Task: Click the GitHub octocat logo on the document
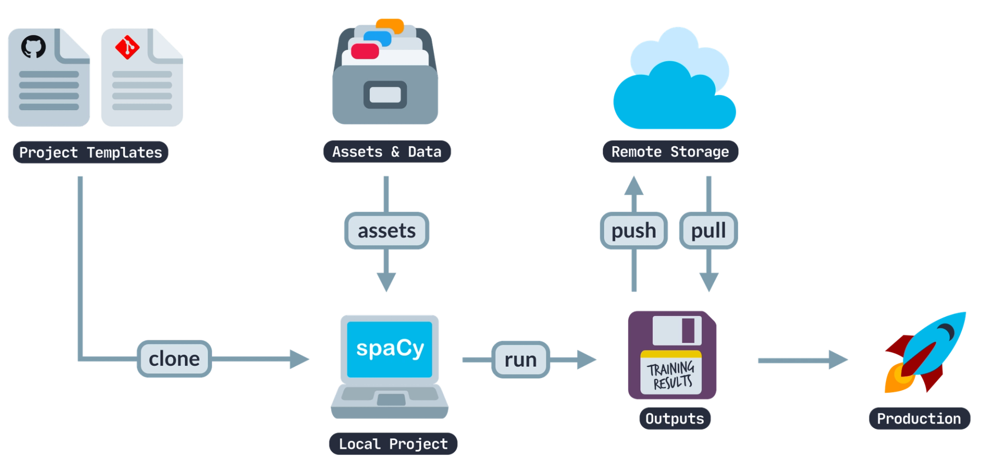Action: pyautogui.click(x=33, y=47)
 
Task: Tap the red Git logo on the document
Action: pyautogui.click(x=127, y=48)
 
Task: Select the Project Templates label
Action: pyautogui.click(x=90, y=153)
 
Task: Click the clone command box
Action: pyautogui.click(x=174, y=359)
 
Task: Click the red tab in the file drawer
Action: pyautogui.click(x=365, y=51)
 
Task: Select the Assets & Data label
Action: pyautogui.click(x=387, y=152)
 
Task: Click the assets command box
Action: pyautogui.click(x=387, y=231)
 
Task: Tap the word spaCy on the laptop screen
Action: pyautogui.click(x=390, y=349)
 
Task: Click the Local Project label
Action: pyautogui.click(x=393, y=444)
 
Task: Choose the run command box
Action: pyautogui.click(x=520, y=359)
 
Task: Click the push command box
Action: pyautogui.click(x=634, y=231)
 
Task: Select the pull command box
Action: pyautogui.click(x=708, y=231)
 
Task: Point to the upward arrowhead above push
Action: pyautogui.click(x=635, y=186)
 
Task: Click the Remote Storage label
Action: pyautogui.click(x=670, y=152)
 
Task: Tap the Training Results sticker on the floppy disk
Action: pyautogui.click(x=671, y=375)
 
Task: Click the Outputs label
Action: pyautogui.click(x=674, y=419)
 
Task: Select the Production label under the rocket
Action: pyautogui.click(x=918, y=419)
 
